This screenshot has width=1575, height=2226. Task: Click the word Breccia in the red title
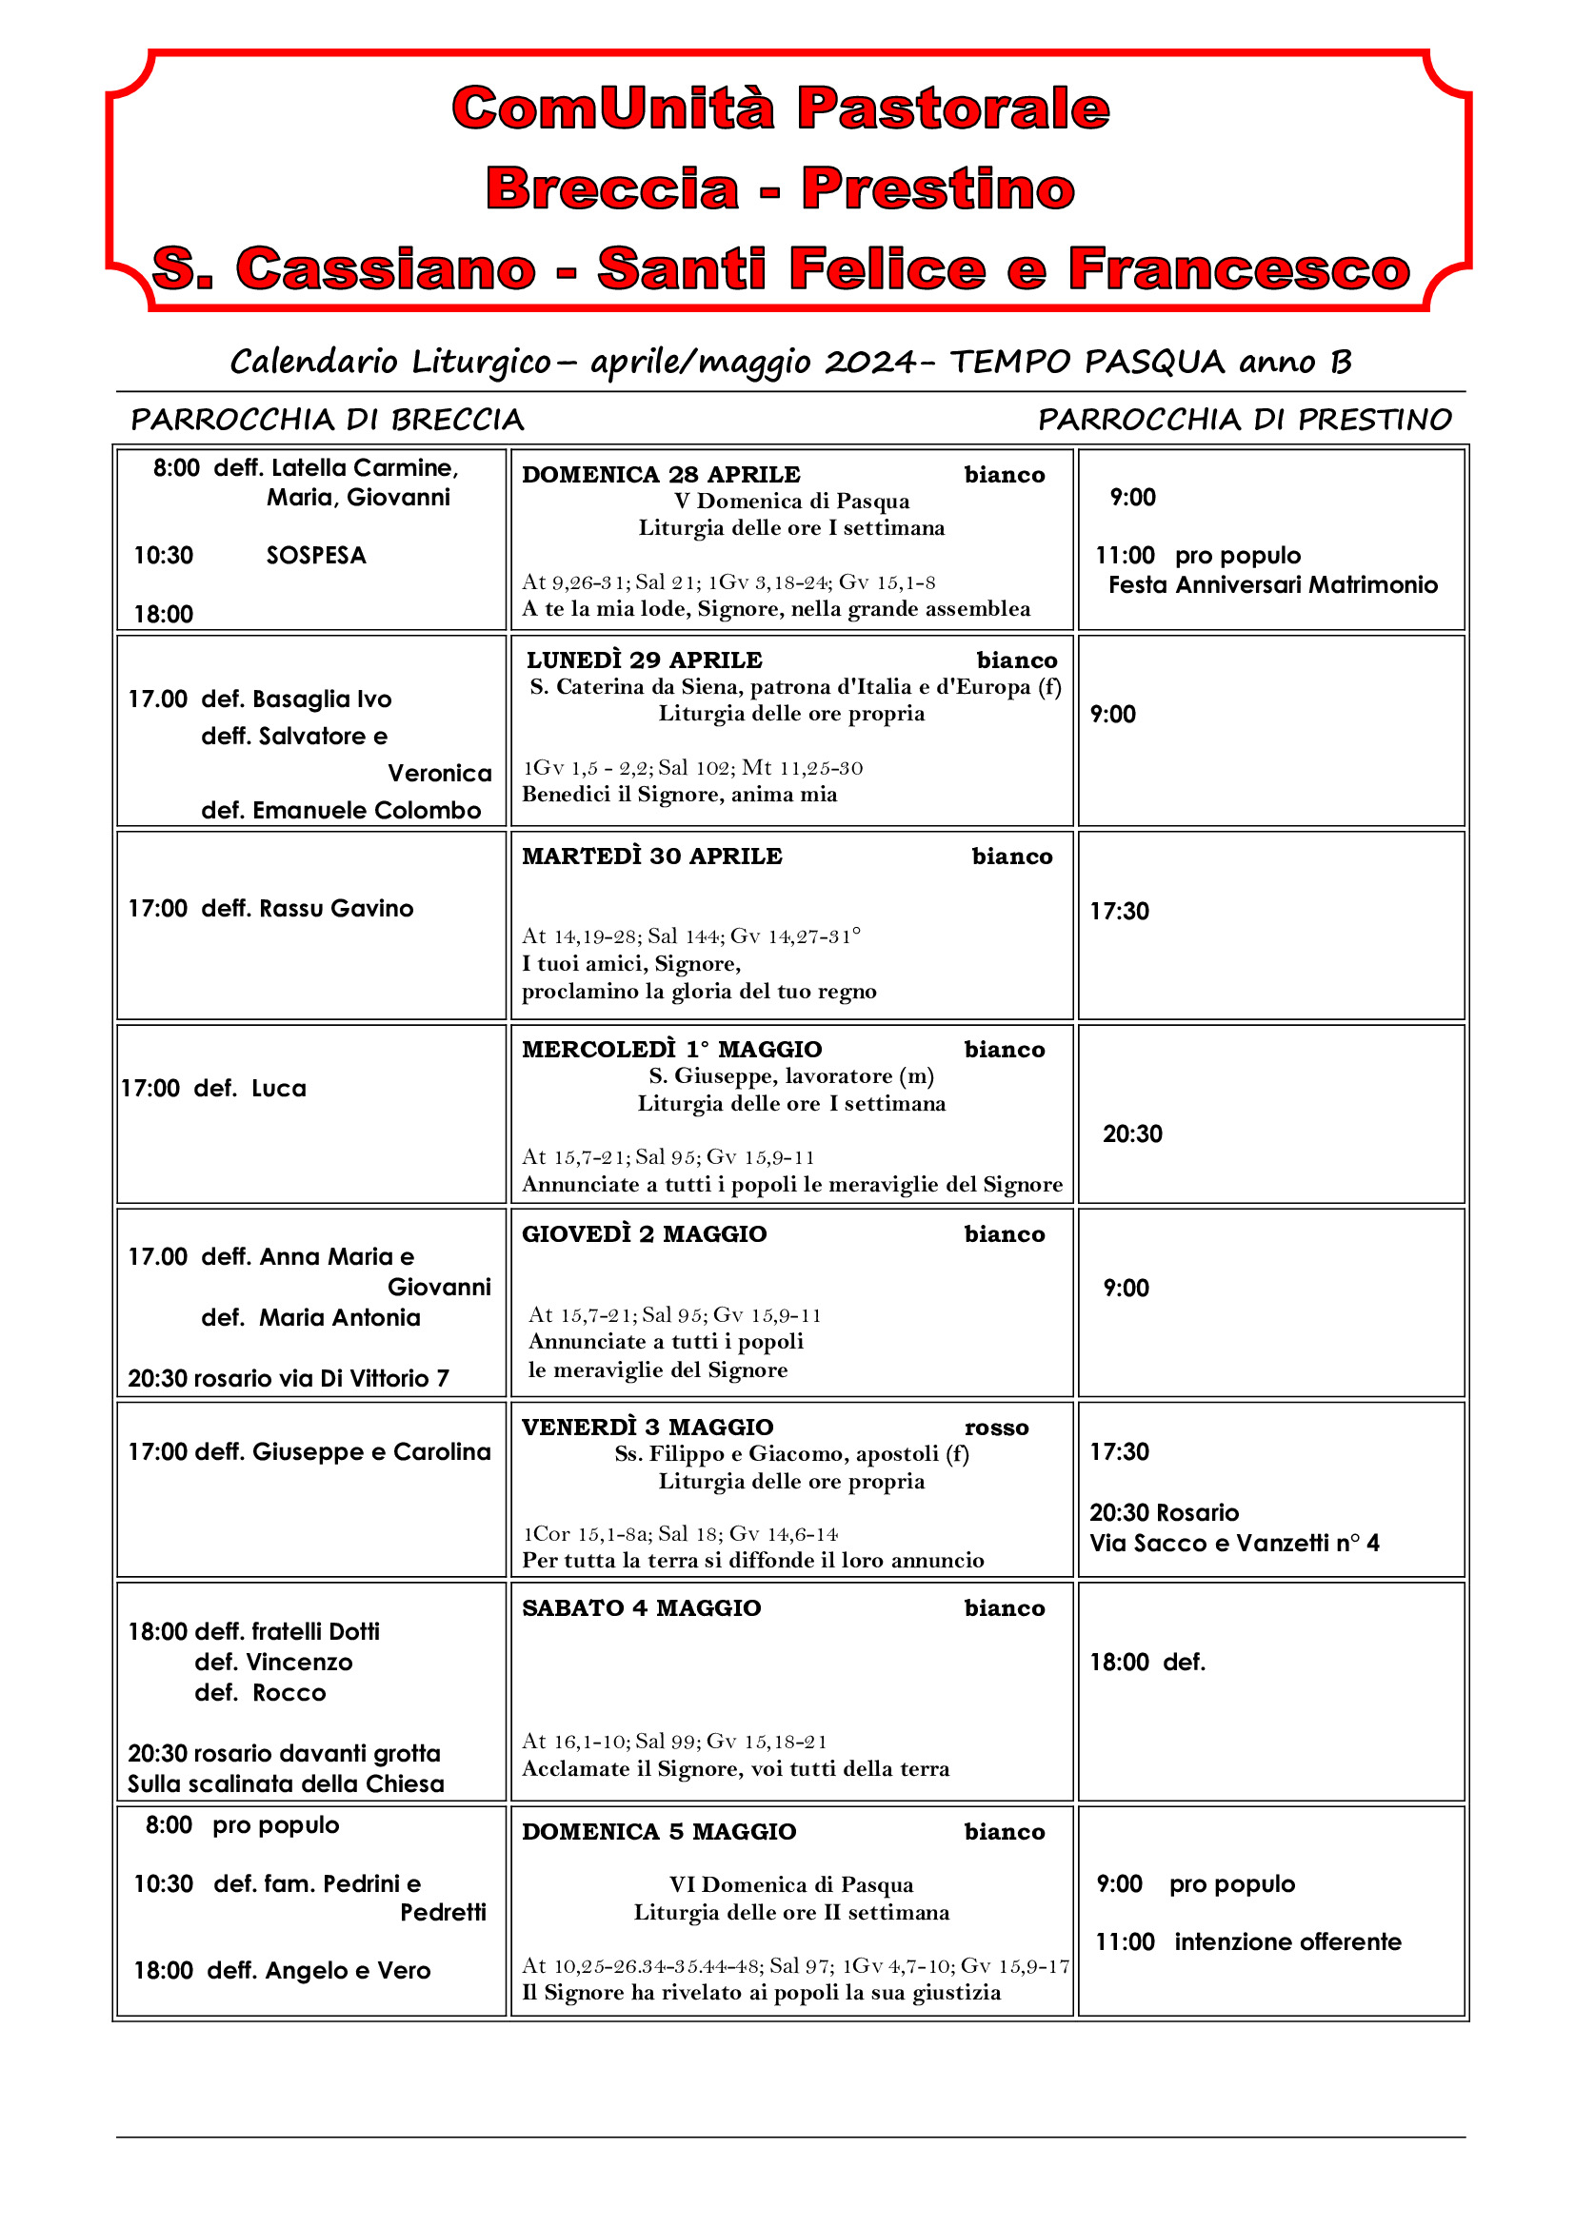(x=612, y=188)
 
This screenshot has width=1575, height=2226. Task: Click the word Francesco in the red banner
(x=1239, y=268)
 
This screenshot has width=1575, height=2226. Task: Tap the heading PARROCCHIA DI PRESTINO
(x=1245, y=420)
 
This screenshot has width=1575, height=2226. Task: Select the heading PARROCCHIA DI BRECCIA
(x=328, y=420)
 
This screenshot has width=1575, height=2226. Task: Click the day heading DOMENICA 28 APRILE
(x=661, y=475)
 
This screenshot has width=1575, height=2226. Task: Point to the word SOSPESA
(x=316, y=556)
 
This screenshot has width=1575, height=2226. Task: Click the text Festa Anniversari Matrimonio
(x=1272, y=584)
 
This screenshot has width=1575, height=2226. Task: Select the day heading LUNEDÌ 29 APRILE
(x=644, y=660)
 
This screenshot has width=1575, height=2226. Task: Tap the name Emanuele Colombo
(x=367, y=811)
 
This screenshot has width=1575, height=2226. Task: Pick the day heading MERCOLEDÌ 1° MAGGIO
(x=671, y=1049)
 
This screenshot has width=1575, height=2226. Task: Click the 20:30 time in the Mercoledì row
(x=1132, y=1133)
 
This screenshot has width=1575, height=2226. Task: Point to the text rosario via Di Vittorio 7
(x=321, y=1378)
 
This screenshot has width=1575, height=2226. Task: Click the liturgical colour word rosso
(x=996, y=1428)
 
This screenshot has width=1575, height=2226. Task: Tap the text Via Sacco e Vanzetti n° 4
(x=1233, y=1543)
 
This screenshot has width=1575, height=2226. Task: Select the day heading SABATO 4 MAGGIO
(x=641, y=1607)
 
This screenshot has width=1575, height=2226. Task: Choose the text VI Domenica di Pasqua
(x=790, y=1884)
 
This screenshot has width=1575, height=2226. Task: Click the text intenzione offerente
(x=1287, y=1942)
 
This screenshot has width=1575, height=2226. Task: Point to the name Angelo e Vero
(x=348, y=1970)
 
